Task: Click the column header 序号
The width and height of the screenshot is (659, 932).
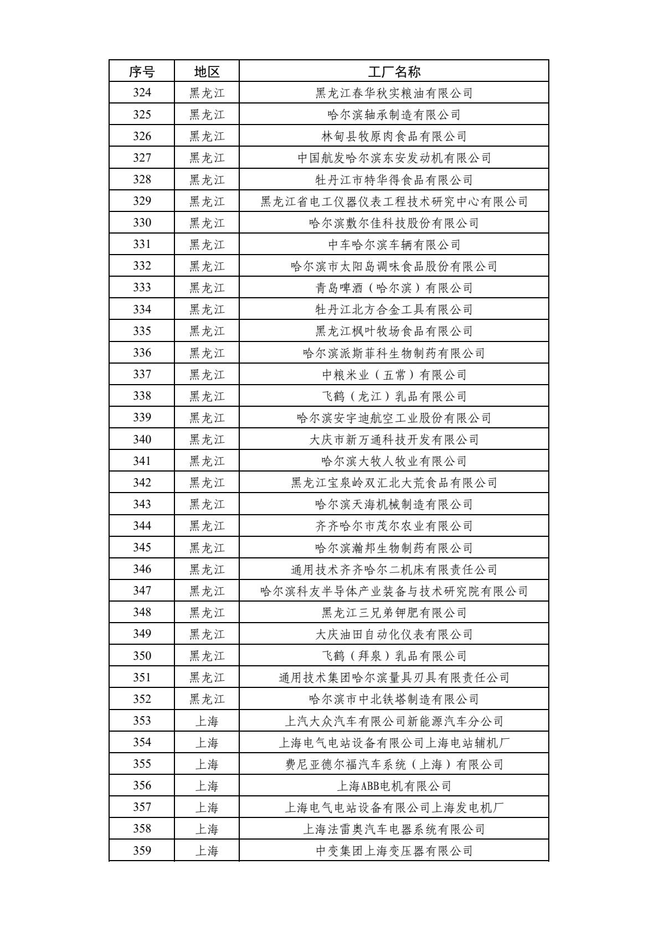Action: pos(142,71)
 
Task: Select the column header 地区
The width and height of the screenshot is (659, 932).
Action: pos(207,71)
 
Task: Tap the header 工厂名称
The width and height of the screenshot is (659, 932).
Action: pos(394,71)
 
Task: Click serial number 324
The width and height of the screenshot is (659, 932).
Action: pos(142,93)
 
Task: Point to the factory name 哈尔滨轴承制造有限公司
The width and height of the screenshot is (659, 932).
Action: pos(394,115)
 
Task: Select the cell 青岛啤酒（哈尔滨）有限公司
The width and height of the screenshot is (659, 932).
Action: pos(394,288)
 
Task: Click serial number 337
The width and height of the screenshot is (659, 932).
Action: pos(142,375)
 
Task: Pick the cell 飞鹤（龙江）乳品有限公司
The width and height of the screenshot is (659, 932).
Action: pos(394,396)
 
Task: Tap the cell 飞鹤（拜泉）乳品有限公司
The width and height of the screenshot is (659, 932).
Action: pos(394,656)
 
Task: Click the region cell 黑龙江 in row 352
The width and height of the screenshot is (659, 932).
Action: pos(207,699)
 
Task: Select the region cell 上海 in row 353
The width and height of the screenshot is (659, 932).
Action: pos(207,721)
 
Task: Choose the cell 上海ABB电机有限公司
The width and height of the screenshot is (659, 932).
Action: pos(394,786)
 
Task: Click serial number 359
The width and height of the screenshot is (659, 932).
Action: pos(142,851)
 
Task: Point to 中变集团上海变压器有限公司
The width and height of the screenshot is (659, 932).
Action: pos(394,851)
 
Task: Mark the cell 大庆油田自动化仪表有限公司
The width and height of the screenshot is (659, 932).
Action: pos(394,634)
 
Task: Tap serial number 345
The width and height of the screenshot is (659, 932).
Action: pos(142,548)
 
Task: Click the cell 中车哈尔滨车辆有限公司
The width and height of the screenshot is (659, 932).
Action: pos(394,245)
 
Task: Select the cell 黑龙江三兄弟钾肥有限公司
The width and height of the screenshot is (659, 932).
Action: pos(394,613)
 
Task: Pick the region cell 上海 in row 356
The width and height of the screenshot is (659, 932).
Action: pos(207,786)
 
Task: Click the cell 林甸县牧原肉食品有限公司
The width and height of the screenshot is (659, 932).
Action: pos(394,136)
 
